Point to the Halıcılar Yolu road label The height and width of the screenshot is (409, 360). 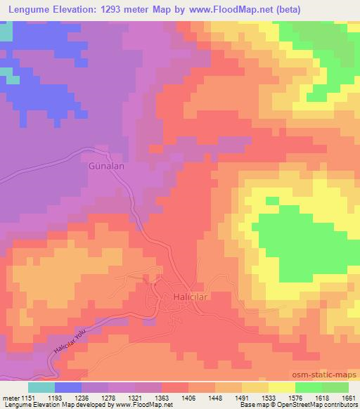[x=73, y=342]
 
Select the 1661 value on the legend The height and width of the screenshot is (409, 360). [x=348, y=398]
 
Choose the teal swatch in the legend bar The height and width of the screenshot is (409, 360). [x=41, y=387]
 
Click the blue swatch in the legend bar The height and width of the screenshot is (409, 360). [x=68, y=387]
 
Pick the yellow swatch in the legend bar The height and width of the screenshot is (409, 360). [x=282, y=387]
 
